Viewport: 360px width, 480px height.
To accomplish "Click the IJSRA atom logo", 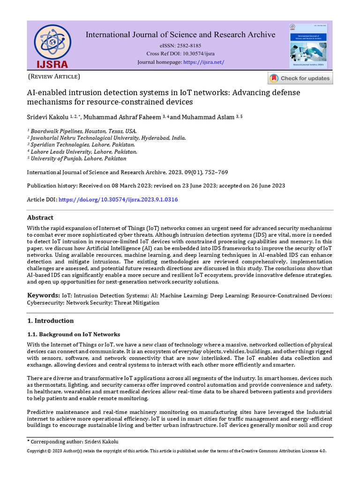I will [x=52, y=45].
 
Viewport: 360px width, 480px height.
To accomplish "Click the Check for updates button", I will [x=300, y=78].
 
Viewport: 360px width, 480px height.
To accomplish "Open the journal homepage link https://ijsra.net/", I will [x=203, y=62].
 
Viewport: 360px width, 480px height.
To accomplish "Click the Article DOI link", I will [x=118, y=200].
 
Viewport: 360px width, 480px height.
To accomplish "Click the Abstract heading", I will [x=40, y=217].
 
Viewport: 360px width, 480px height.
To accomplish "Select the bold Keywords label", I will [x=43, y=295].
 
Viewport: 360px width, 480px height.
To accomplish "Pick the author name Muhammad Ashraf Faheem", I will [x=121, y=116].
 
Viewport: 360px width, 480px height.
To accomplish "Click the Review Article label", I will [x=54, y=76].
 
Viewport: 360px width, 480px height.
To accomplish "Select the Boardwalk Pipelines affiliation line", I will [x=83, y=131].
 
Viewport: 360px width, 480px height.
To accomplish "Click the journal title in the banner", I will [x=180, y=35].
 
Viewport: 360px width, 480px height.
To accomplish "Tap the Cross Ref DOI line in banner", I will [x=180, y=54].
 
